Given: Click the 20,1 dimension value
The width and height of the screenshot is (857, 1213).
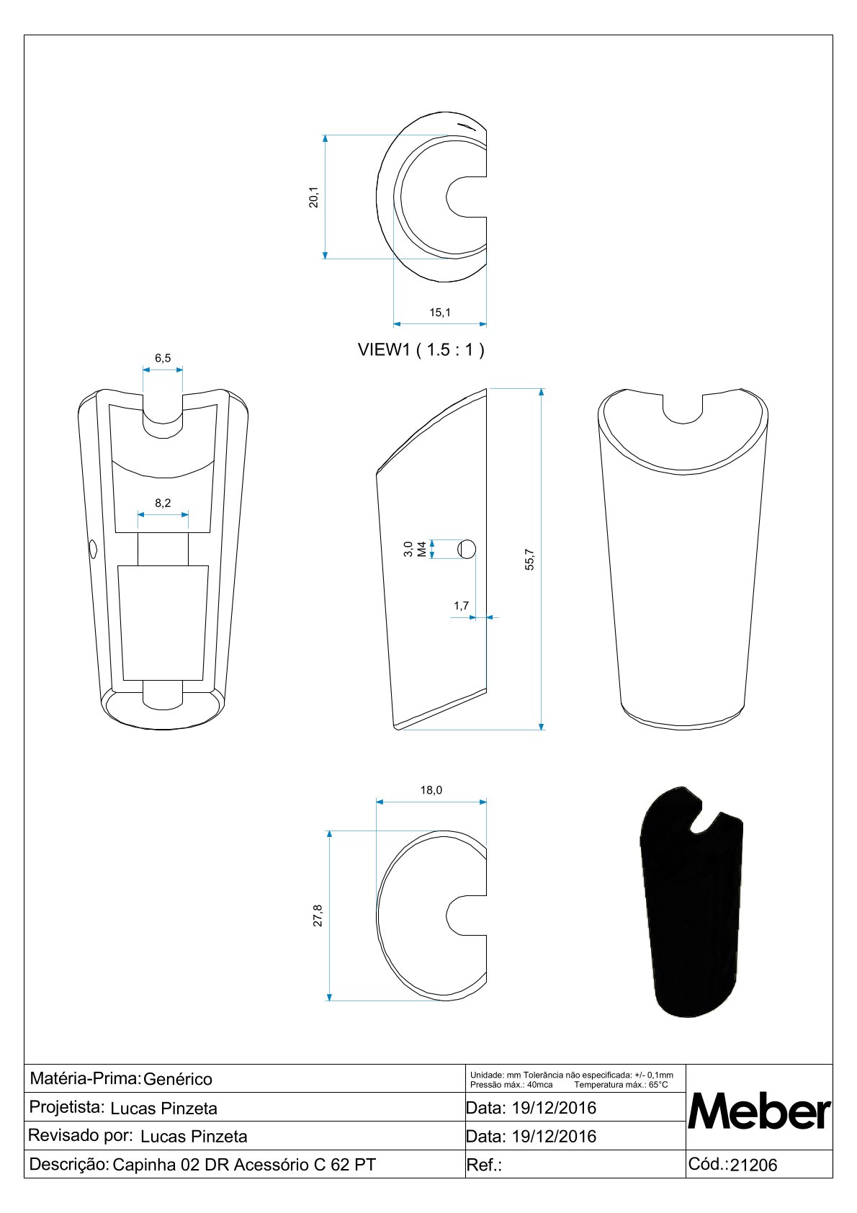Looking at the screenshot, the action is click(x=313, y=197).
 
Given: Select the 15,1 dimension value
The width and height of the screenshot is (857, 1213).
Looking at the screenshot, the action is click(x=439, y=313).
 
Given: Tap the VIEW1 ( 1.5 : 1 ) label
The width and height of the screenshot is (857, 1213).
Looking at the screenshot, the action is click(x=421, y=350).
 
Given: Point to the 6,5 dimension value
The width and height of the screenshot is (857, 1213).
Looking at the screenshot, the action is click(x=163, y=358).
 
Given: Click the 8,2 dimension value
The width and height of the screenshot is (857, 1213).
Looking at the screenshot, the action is click(x=163, y=503).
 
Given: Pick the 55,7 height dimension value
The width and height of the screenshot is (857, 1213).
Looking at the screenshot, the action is click(x=529, y=560).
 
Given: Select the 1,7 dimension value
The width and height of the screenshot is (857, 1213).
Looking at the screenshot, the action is click(x=461, y=605).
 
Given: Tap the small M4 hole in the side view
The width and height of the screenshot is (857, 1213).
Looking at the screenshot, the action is click(x=467, y=549).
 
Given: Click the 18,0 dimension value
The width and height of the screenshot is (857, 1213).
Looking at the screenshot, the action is click(x=431, y=790).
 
